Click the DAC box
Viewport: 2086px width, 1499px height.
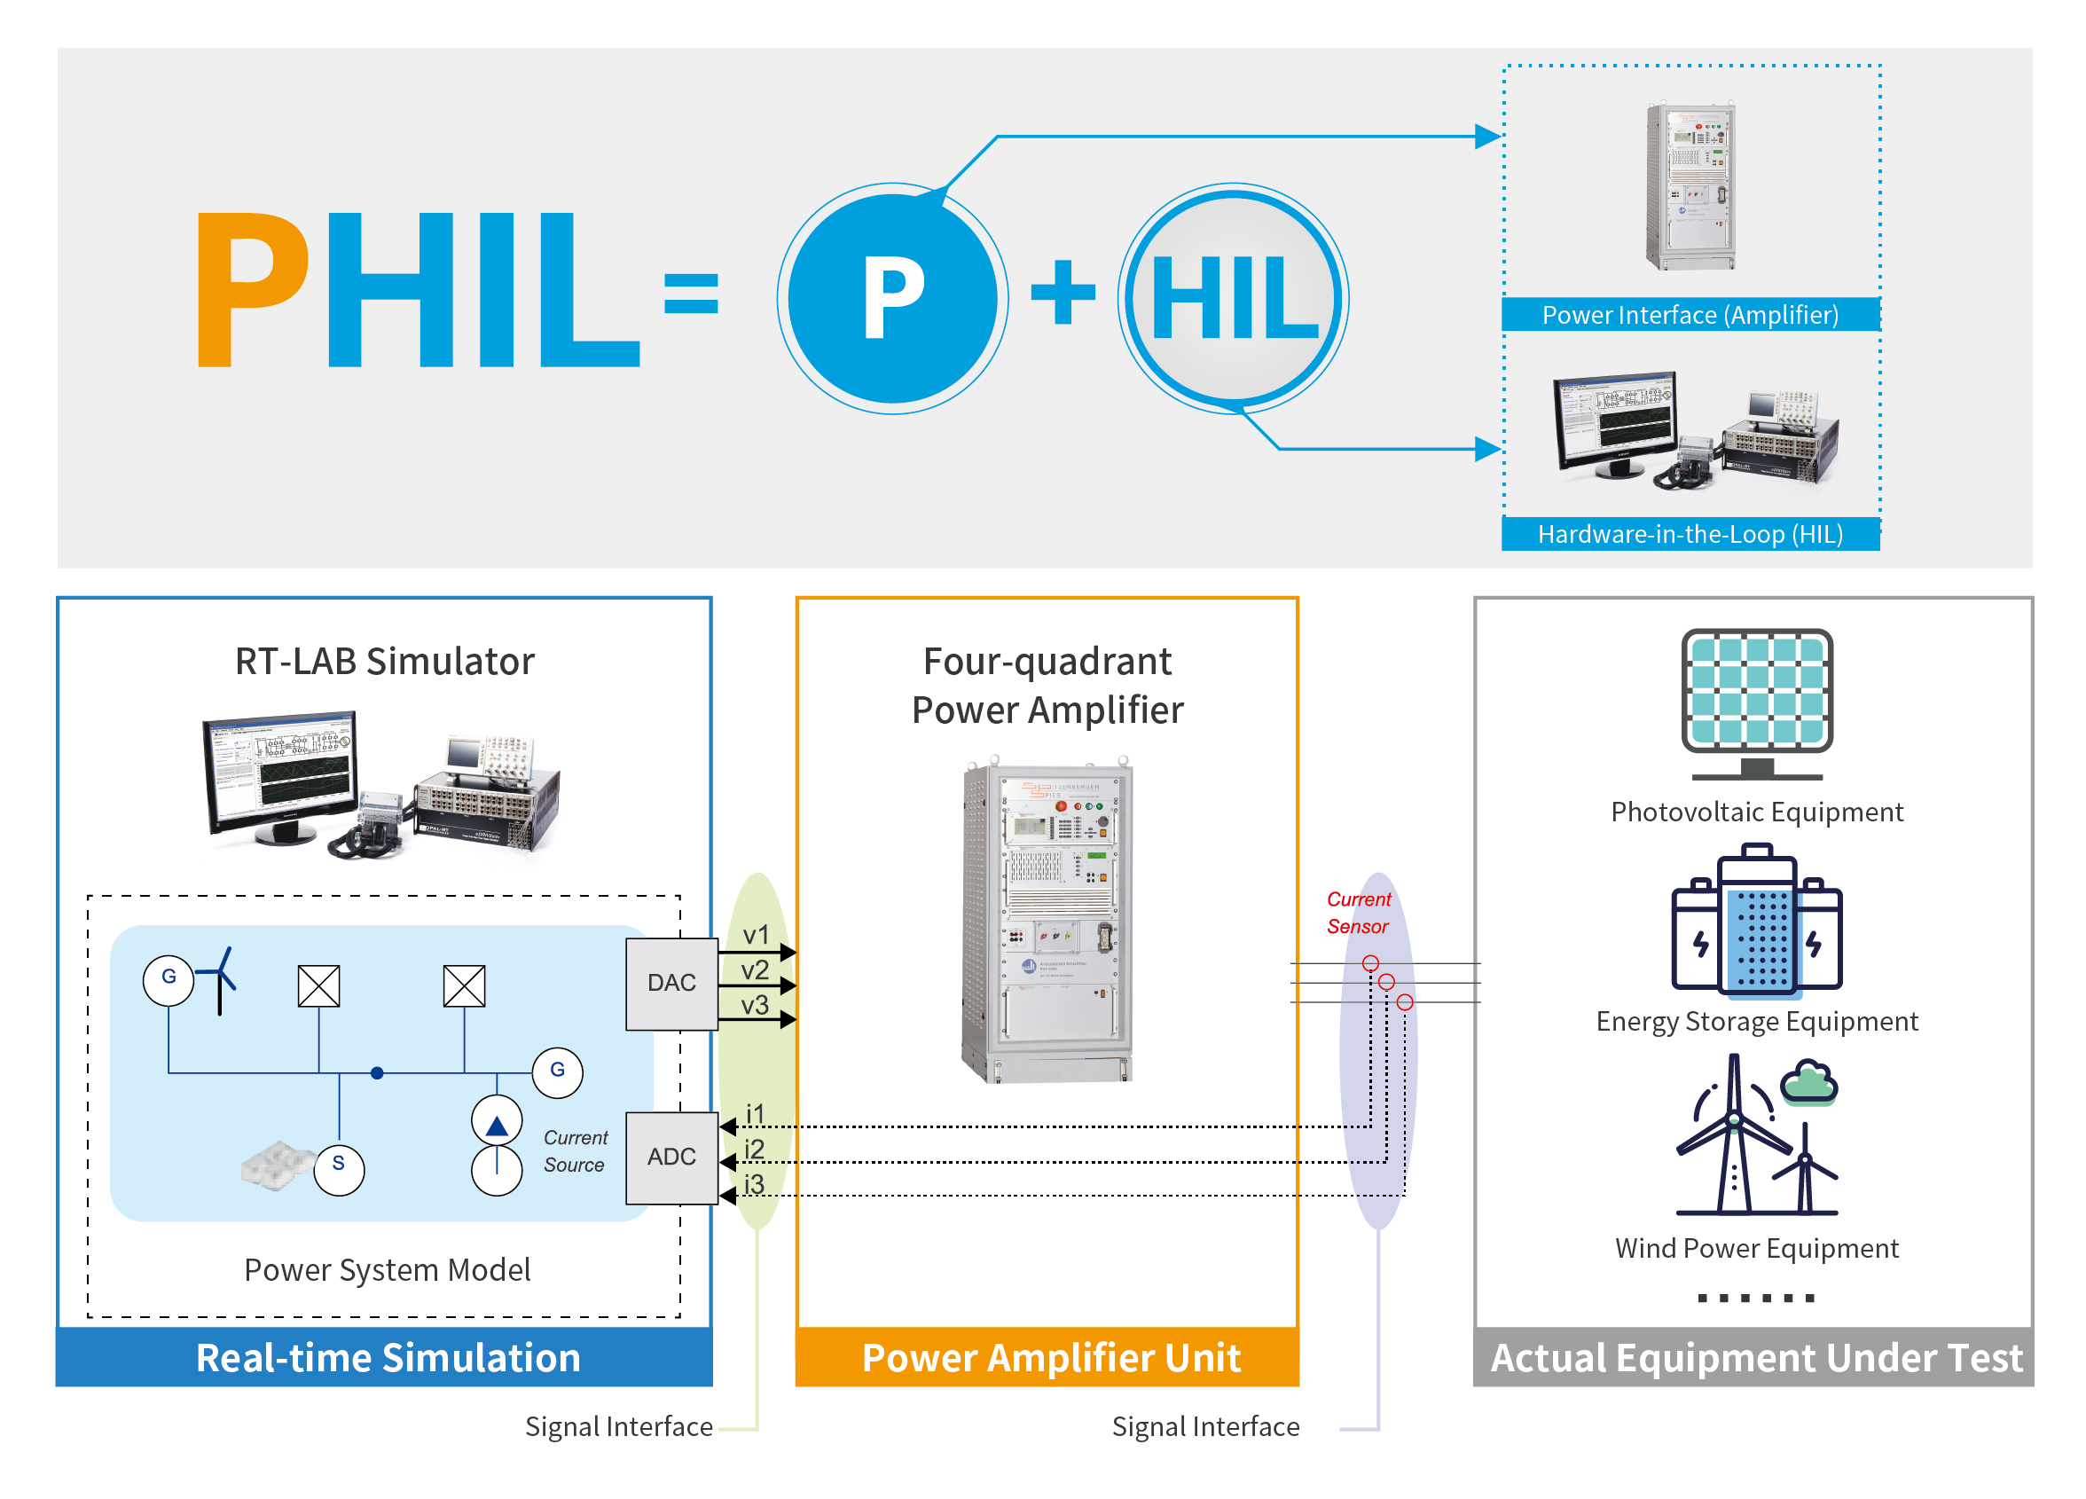click(671, 983)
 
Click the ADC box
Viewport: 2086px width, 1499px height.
click(671, 1157)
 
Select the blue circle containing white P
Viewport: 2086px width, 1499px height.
click(892, 298)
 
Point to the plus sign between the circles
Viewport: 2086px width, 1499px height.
click(1063, 293)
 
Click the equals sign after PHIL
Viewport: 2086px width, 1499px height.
click(691, 293)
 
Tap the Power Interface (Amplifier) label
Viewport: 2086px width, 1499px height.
click(1690, 315)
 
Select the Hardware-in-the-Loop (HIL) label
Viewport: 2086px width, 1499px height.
click(1690, 533)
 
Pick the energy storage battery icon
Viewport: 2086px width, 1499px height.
click(1757, 922)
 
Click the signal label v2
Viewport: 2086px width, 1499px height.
click(755, 970)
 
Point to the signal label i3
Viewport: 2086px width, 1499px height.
click(754, 1183)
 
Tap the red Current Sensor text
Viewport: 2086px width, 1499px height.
click(1358, 913)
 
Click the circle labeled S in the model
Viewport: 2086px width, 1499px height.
click(339, 1169)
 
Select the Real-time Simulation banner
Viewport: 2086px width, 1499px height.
click(384, 1356)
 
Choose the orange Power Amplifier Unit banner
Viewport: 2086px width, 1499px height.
click(1047, 1356)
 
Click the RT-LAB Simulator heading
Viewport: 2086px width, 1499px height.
click(384, 661)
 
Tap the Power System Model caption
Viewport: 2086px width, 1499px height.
click(388, 1270)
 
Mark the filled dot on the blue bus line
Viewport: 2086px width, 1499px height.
click(377, 1072)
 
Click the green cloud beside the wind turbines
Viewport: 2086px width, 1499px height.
click(1808, 1080)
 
